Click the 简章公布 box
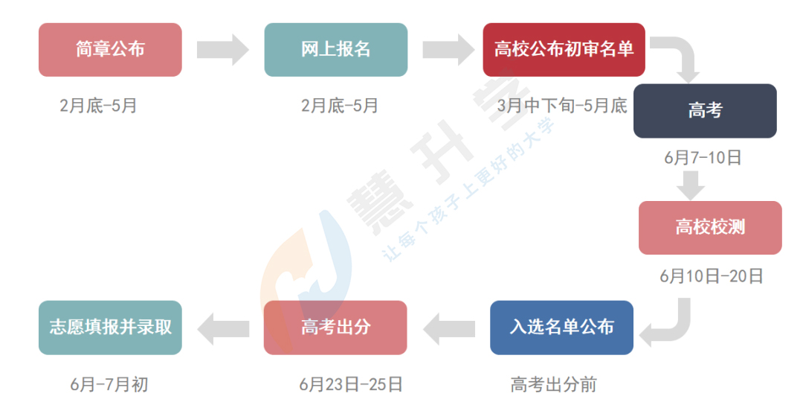(110, 50)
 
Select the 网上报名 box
(335, 50)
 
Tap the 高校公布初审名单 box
(564, 50)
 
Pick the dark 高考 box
(705, 111)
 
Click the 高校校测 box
(710, 228)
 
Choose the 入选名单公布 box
(561, 328)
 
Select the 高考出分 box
(335, 328)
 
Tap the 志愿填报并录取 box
(110, 328)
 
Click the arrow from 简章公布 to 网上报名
(223, 50)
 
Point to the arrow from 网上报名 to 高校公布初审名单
(448, 50)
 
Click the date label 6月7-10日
(703, 158)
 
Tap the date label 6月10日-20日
(711, 276)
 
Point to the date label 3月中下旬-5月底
(562, 106)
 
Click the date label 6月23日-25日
(351, 385)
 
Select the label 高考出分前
(553, 385)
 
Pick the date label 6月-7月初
(109, 385)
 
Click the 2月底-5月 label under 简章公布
(98, 106)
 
